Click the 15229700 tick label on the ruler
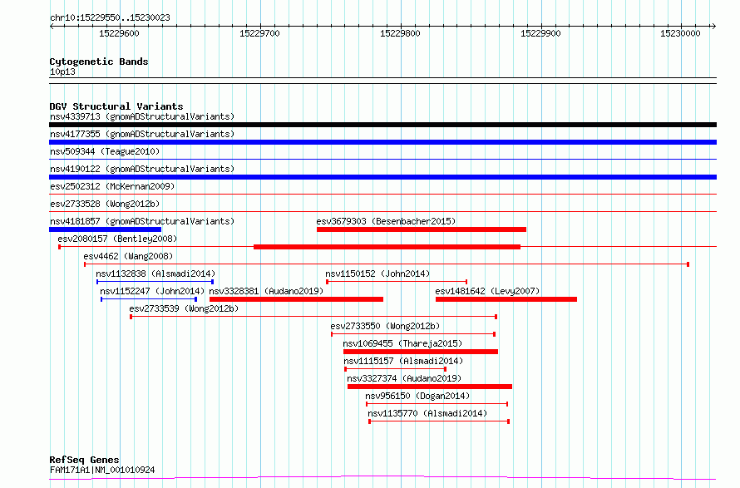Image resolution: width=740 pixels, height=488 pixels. pyautogui.click(x=259, y=33)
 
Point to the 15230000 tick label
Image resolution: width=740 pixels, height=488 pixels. pyautogui.click(x=680, y=33)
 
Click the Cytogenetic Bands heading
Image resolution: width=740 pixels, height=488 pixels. pyautogui.click(x=99, y=62)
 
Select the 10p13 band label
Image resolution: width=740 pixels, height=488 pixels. pyautogui.click(x=62, y=71)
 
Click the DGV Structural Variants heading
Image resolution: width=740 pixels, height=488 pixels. pyautogui.click(x=116, y=106)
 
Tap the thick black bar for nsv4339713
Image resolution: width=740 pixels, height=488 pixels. pyautogui.click(x=382, y=125)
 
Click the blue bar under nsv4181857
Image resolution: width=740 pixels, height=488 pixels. pyautogui.click(x=106, y=229)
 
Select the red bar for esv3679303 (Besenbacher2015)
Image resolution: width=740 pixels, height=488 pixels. pyautogui.click(x=422, y=229)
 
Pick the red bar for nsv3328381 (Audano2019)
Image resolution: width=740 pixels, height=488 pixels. pyautogui.click(x=296, y=299)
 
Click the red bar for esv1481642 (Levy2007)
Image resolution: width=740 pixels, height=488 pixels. pyautogui.click(x=506, y=299)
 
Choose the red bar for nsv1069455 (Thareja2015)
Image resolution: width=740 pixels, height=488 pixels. pyautogui.click(x=421, y=352)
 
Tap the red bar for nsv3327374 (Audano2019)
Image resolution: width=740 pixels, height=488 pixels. pyautogui.click(x=430, y=387)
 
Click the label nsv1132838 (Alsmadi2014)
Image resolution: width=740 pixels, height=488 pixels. pyautogui.click(x=155, y=274)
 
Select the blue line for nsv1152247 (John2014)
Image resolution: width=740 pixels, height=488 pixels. pyautogui.click(x=149, y=299)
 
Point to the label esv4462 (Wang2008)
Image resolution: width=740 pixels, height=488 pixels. pyautogui.click(x=128, y=256)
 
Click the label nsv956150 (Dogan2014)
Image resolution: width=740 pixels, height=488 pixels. pyautogui.click(x=417, y=396)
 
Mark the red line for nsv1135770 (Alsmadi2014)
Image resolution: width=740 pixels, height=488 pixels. pyautogui.click(x=439, y=421)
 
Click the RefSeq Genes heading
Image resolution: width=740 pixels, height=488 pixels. pyautogui.click(x=85, y=460)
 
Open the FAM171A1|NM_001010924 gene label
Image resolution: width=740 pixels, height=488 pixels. pyautogui.click(x=102, y=470)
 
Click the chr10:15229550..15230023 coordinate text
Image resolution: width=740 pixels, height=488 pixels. pyautogui.click(x=110, y=18)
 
